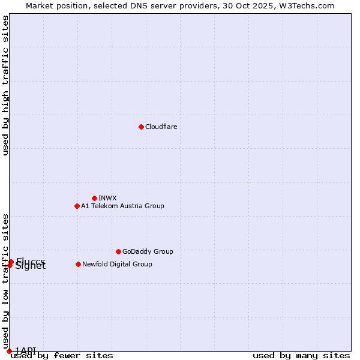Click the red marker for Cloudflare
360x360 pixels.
pyautogui.click(x=141, y=127)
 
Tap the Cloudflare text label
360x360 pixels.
pyautogui.click(x=161, y=127)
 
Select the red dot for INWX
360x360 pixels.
pyautogui.click(x=94, y=198)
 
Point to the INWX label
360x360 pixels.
pyautogui.click(x=107, y=198)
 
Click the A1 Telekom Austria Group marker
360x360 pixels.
pyautogui.click(x=77, y=206)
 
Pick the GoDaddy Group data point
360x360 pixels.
pyautogui.click(x=118, y=251)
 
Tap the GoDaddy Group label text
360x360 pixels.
pyautogui.click(x=148, y=251)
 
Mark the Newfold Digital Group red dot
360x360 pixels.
pyautogui.click(x=78, y=264)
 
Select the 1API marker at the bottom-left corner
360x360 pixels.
pyautogui.click(x=9, y=351)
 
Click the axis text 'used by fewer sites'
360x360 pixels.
pyautogui.click(x=62, y=355)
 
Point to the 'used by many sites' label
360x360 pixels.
pyautogui.click(x=301, y=355)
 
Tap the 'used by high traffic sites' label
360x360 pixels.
pyautogui.click(x=5, y=85)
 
